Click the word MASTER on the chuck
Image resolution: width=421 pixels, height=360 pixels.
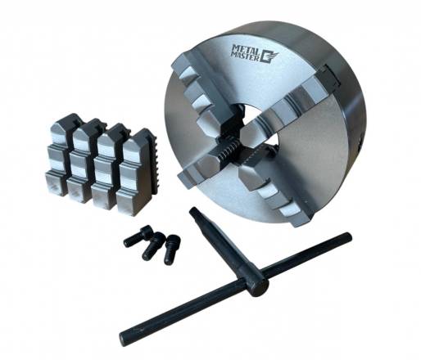tap(245, 56)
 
